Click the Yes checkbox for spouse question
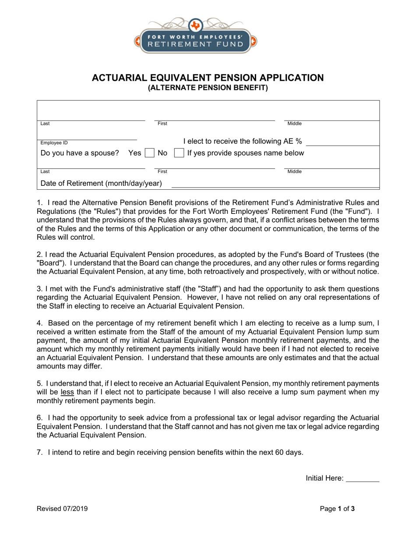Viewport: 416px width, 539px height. [x=150, y=153]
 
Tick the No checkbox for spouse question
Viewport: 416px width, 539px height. [x=179, y=153]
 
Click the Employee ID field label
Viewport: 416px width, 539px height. [x=54, y=143]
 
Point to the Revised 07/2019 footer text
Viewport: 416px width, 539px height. [x=62, y=509]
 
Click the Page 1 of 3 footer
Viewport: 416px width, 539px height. [x=337, y=509]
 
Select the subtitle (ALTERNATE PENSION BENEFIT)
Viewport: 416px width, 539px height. [x=208, y=88]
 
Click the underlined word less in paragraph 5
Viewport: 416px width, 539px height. [x=67, y=392]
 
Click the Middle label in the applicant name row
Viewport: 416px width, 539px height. [x=294, y=124]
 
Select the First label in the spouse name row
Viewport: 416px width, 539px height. [x=162, y=172]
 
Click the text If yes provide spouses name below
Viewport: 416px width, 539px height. [x=246, y=153]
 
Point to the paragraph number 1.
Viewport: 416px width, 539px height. [x=39, y=202]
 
